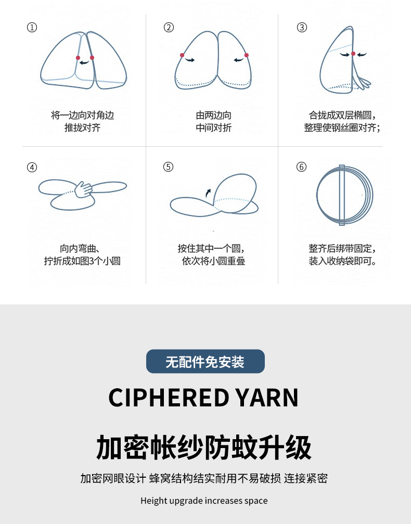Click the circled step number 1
tap(32, 28)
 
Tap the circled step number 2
tap(169, 28)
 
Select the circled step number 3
tap(302, 28)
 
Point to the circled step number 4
tap(32, 167)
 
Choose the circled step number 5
tap(169, 167)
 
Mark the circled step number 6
tap(301, 167)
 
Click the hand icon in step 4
tap(83, 189)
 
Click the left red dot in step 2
tap(182, 55)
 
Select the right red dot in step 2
tap(246, 55)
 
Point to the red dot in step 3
tap(353, 54)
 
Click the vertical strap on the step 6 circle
tap(342, 195)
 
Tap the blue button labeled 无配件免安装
tap(205, 361)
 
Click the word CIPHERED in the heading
tap(169, 398)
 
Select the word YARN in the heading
tap(267, 398)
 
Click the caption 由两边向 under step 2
tap(213, 116)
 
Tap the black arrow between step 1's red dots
tap(84, 62)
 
